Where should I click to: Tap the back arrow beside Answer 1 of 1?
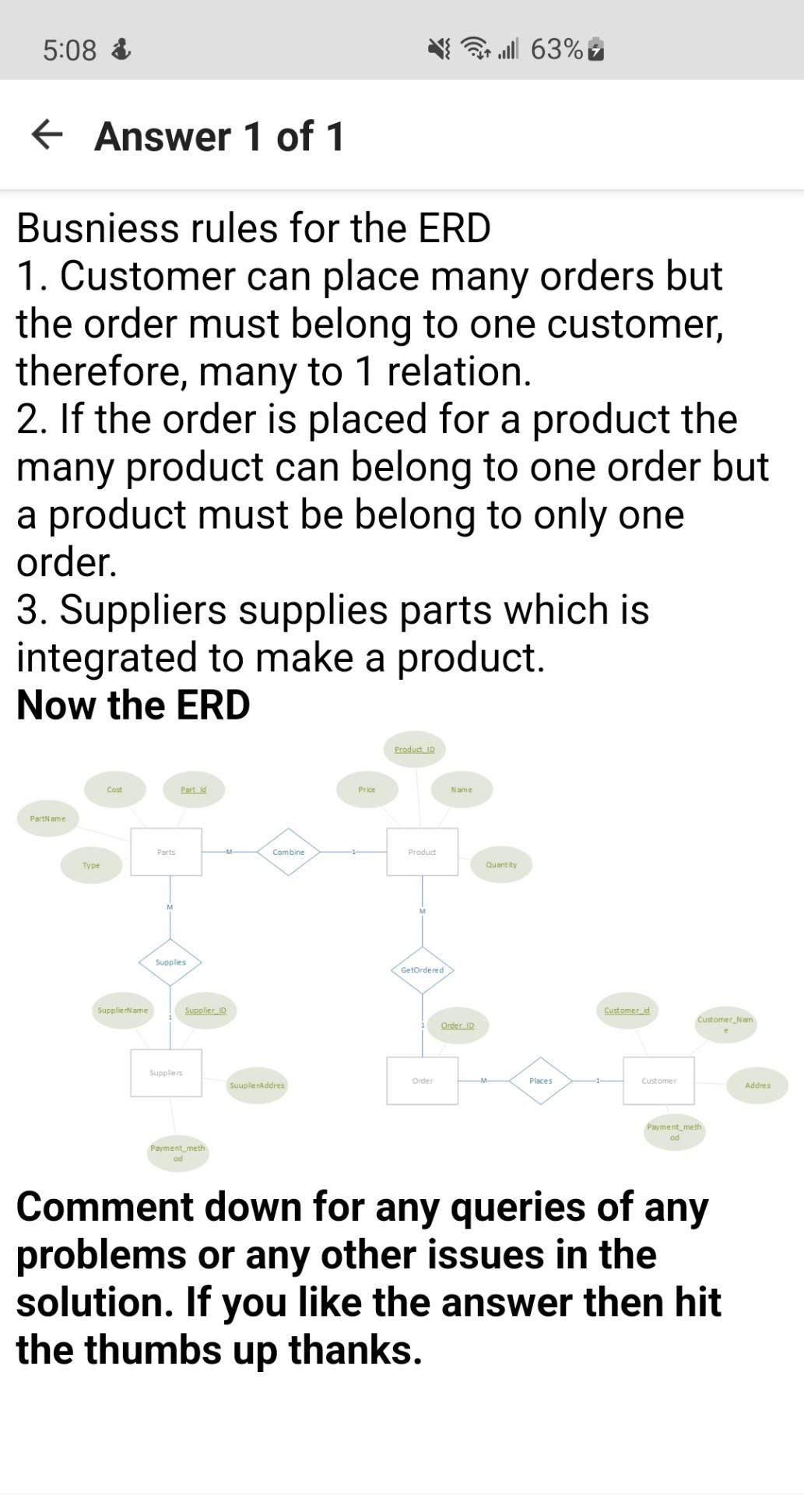pos(47,135)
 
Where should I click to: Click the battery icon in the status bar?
pos(596,50)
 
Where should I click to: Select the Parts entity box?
pos(166,852)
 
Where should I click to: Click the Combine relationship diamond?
pos(288,852)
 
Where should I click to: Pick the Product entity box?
pos(422,852)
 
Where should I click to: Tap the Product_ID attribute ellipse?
pos(414,749)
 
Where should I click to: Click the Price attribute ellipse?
pos(367,790)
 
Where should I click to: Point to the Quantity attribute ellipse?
pos(501,864)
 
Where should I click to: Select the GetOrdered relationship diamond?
pos(422,970)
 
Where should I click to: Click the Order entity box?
pos(422,1081)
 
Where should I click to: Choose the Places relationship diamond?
pos(541,1081)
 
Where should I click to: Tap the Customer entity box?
pos(658,1081)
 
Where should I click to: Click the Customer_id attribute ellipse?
pos(627,1011)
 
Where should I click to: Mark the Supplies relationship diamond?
pos(170,962)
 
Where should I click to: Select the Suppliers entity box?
pos(166,1073)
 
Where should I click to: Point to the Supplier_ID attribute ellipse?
pos(205,1011)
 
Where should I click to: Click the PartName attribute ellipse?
pos(48,818)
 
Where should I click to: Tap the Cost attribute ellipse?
pos(114,790)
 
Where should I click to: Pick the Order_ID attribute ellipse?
pos(458,1025)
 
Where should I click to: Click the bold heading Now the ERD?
pos(133,705)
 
